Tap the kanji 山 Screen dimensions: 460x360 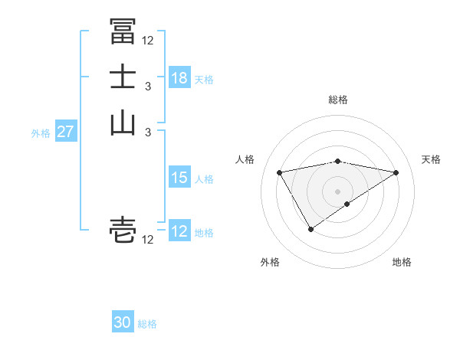point(123,122)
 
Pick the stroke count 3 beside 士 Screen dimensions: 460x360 point(148,87)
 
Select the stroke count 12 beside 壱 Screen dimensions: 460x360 point(148,241)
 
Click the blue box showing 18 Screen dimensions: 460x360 point(179,78)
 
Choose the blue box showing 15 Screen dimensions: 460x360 point(179,178)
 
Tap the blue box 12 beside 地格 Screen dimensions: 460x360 point(179,231)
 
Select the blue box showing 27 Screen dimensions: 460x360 point(66,132)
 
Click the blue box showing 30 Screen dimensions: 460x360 point(123,322)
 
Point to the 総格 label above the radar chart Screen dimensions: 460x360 point(338,100)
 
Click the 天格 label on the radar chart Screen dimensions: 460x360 point(431,159)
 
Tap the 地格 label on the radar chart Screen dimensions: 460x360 point(402,263)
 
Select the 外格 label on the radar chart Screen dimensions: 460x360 point(270,263)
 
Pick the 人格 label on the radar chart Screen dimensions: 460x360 point(245,159)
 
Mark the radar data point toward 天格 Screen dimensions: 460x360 point(396,172)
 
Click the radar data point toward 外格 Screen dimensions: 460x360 point(310,228)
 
